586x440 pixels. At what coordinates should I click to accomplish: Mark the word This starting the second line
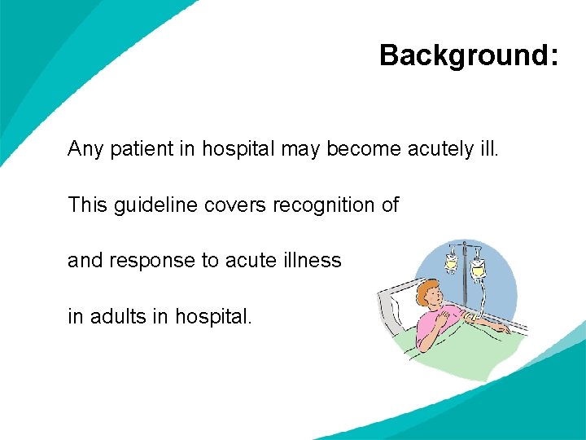pos(86,205)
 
